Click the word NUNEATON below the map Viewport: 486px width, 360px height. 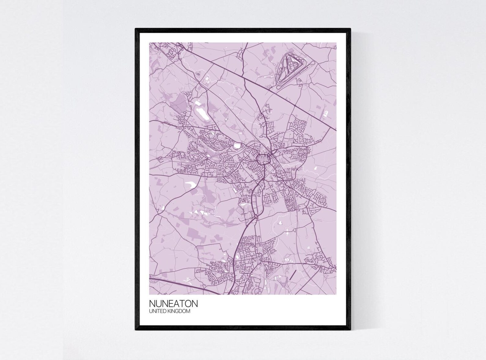173,303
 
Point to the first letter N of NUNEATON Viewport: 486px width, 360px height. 152,303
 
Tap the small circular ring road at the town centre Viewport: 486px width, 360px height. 263,159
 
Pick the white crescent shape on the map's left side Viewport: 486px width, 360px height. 190,184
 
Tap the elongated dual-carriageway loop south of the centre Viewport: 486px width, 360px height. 256,199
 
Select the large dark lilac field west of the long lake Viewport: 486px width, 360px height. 178,101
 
